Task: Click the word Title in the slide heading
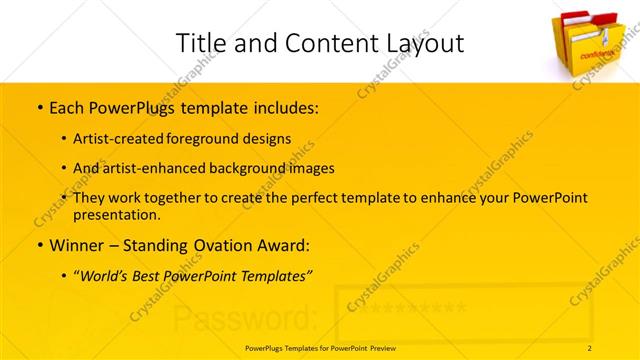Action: coord(197,43)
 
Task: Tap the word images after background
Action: coord(307,168)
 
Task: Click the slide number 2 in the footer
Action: coord(590,347)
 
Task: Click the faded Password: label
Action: coord(245,318)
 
